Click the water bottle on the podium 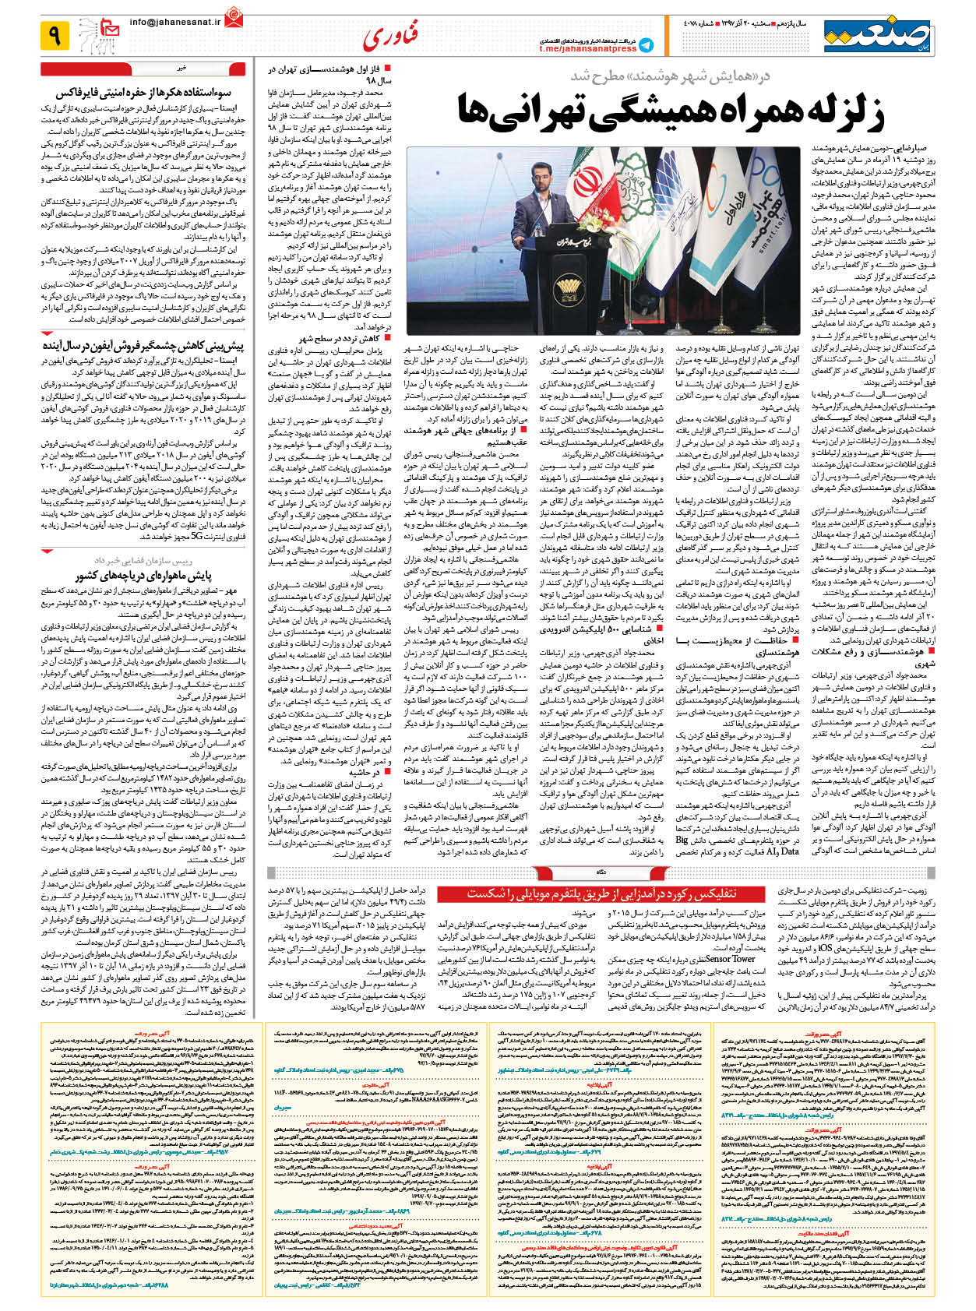[x=537, y=230]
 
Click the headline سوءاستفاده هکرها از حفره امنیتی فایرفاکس [x=145, y=93]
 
